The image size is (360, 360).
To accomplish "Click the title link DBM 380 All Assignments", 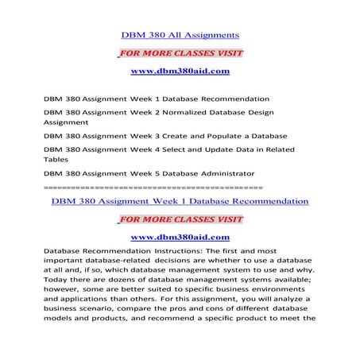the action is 180,36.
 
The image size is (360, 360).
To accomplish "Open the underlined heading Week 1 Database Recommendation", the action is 180,202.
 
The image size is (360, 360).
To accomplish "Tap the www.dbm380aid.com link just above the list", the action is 180,72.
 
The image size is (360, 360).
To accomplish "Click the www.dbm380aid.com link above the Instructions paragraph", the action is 180,238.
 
